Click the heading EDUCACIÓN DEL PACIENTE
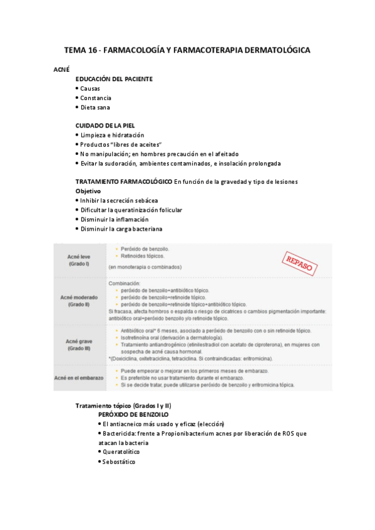(x=114, y=79)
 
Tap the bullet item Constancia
(x=95, y=97)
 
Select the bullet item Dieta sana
(x=95, y=107)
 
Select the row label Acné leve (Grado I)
(x=80, y=260)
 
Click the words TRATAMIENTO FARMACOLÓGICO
(x=123, y=181)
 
